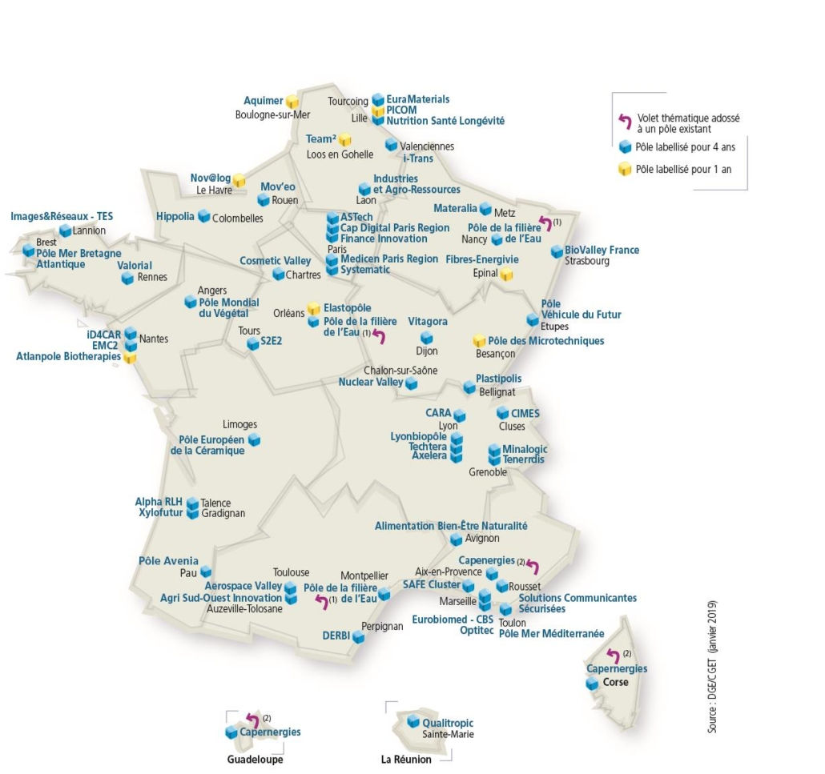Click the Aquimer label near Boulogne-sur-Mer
pos(264,101)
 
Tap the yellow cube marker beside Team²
pos(344,140)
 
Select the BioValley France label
pos(602,250)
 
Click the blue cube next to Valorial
pos(127,278)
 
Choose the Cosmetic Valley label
pos(275,261)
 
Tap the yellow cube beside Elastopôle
pos(314,309)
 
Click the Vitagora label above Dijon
pos(428,321)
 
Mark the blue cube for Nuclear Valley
pos(411,384)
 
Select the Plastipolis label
pos(498,379)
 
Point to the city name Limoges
pos(240,424)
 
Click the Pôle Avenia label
pos(168,561)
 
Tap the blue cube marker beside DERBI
pos(358,637)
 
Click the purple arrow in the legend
pos(624,121)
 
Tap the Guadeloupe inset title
pos(256,760)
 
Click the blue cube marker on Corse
pos(592,684)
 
